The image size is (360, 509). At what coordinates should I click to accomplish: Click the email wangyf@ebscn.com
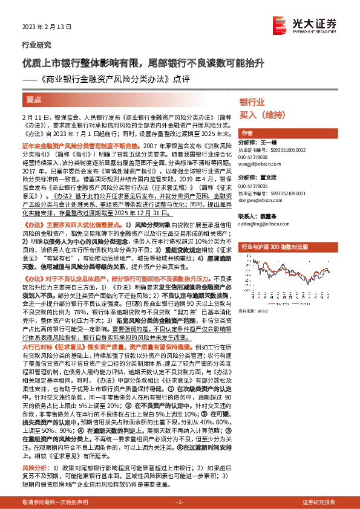pos(258,163)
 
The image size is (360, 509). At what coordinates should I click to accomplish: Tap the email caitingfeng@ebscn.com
pos(261,221)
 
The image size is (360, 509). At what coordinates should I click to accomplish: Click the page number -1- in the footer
pos(180,502)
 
